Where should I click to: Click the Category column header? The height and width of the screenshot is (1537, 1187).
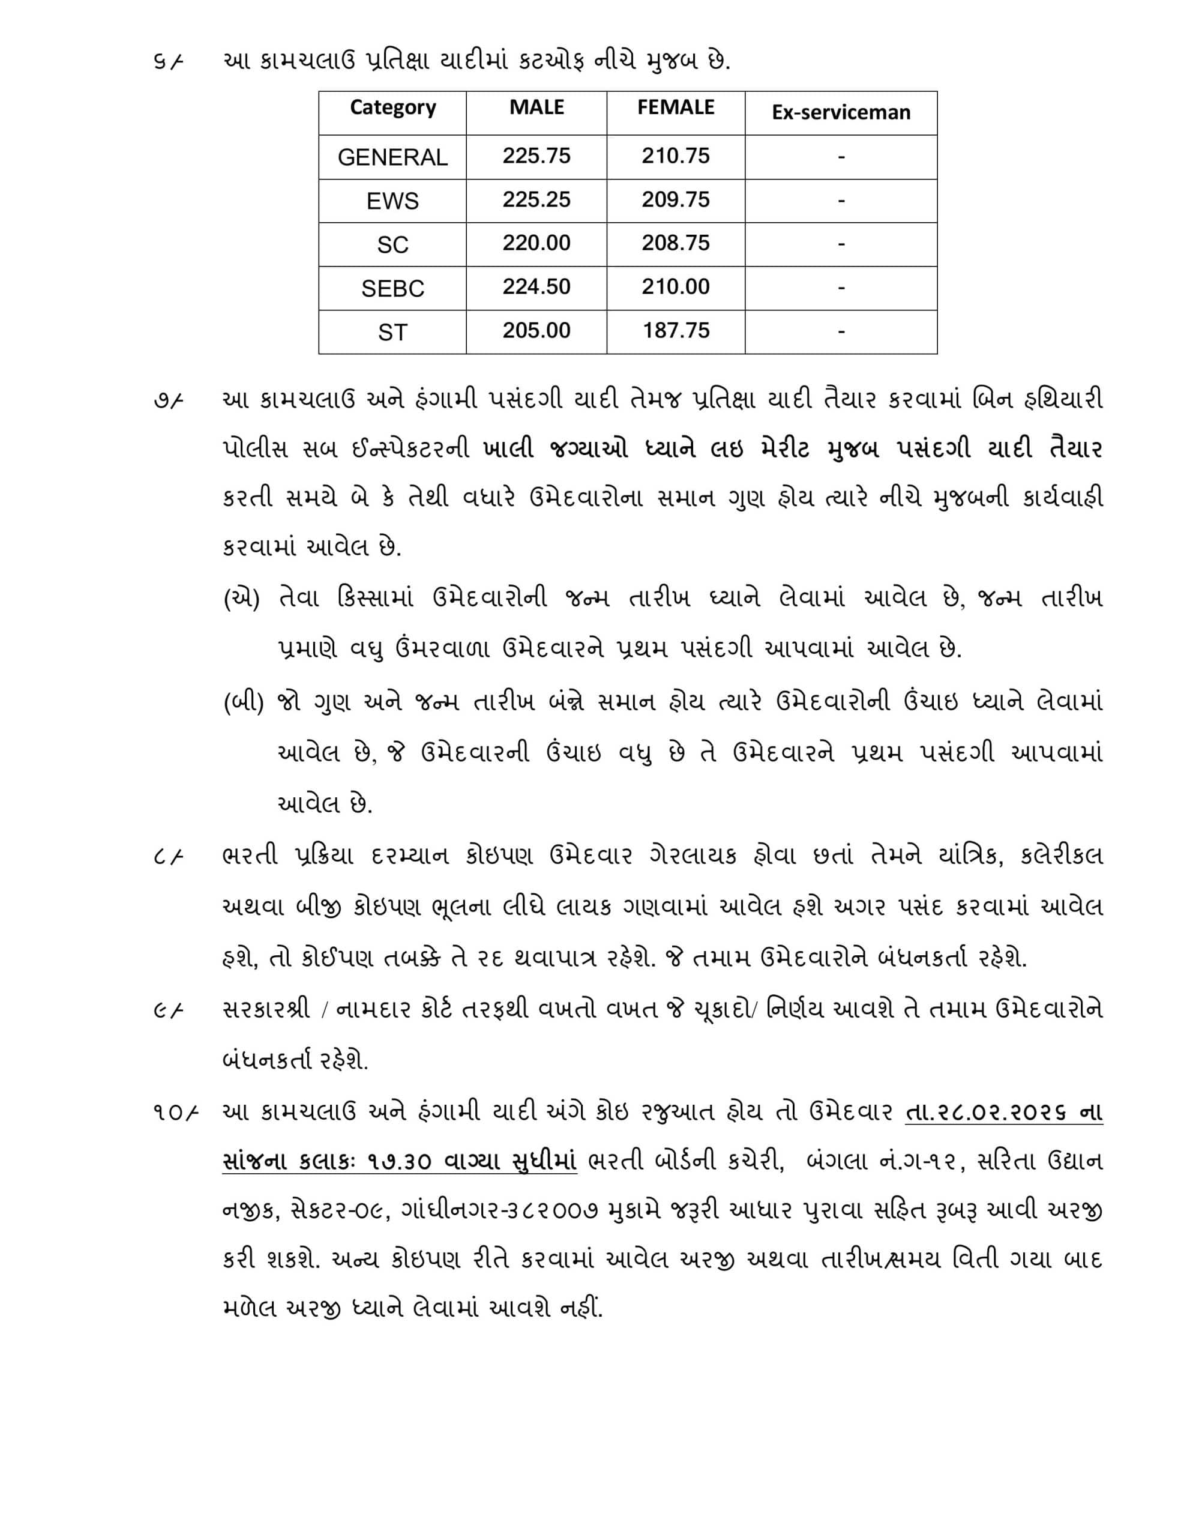point(392,107)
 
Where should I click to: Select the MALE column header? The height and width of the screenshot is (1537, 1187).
point(536,107)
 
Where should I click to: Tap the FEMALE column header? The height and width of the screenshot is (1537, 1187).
point(676,107)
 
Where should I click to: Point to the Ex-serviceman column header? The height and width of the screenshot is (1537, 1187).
point(841,113)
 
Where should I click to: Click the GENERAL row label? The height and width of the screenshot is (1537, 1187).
point(392,157)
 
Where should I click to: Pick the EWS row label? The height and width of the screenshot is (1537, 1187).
point(392,201)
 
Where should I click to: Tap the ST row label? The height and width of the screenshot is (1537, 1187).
point(392,332)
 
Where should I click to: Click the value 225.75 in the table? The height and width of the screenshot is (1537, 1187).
point(536,156)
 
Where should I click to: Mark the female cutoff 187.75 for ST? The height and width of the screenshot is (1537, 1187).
point(676,331)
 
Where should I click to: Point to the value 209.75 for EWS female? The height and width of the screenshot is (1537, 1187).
point(676,200)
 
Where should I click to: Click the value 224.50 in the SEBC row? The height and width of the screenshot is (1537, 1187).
point(536,287)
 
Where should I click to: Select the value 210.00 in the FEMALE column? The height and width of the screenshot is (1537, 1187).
point(676,287)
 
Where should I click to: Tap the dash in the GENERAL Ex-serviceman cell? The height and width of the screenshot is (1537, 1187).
point(841,157)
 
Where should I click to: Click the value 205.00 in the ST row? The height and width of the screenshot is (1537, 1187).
point(536,331)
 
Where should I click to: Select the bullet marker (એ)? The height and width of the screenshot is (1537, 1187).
point(241,600)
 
